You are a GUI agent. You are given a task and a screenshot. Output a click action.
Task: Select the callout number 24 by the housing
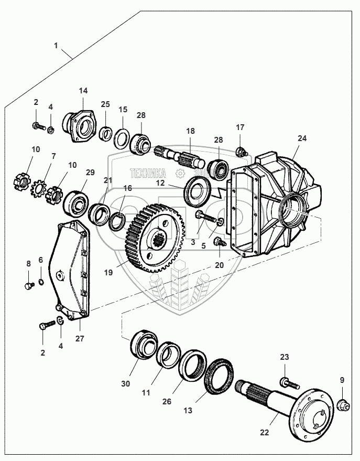(x=302, y=138)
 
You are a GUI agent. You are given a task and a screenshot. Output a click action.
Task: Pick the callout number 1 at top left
(x=56, y=46)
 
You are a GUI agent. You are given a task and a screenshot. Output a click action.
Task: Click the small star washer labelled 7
(x=38, y=186)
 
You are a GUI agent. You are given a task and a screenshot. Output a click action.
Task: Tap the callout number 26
(x=167, y=402)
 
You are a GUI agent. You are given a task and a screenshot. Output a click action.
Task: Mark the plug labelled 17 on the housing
(x=242, y=152)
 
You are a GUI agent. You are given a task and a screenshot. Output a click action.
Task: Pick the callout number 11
(x=146, y=392)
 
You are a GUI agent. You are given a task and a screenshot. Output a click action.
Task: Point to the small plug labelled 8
(x=28, y=286)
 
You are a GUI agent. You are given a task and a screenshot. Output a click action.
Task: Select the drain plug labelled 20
(x=220, y=243)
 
